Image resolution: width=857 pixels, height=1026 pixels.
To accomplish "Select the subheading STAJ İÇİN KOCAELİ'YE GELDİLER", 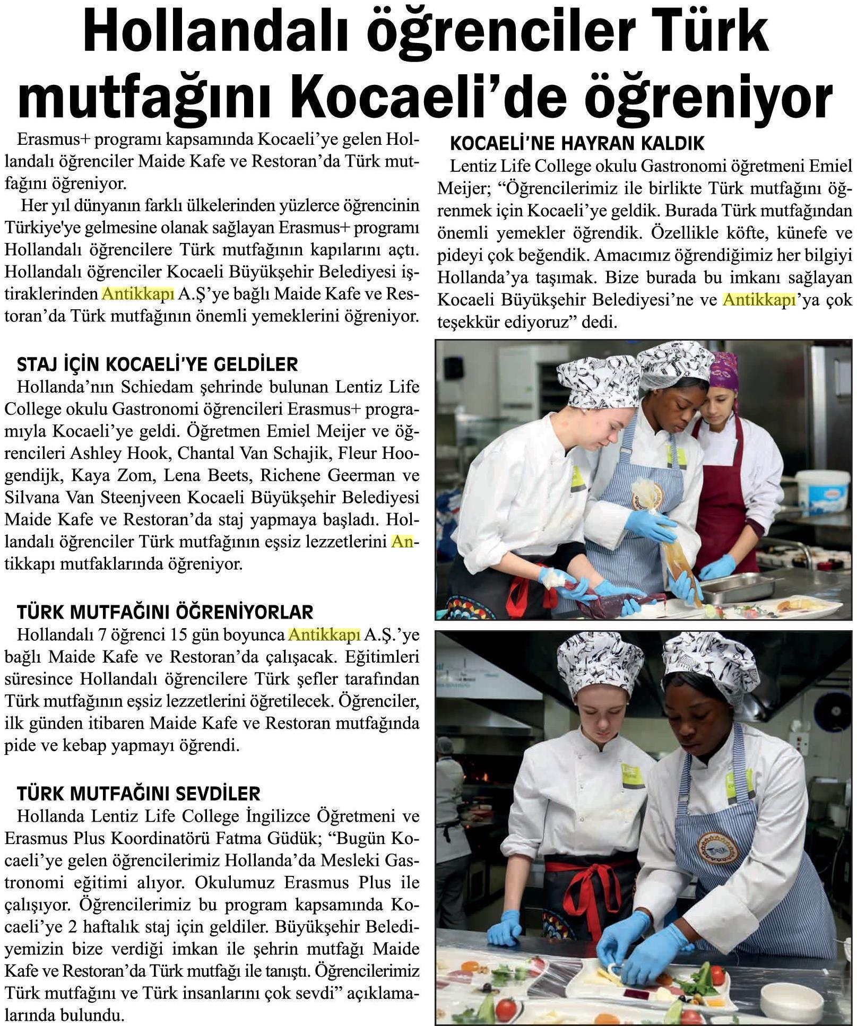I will pos(157,364).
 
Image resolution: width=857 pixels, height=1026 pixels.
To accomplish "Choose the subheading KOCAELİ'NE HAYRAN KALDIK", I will pos(577,143).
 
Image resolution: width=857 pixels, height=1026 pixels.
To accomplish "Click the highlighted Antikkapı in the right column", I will pos(759,300).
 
